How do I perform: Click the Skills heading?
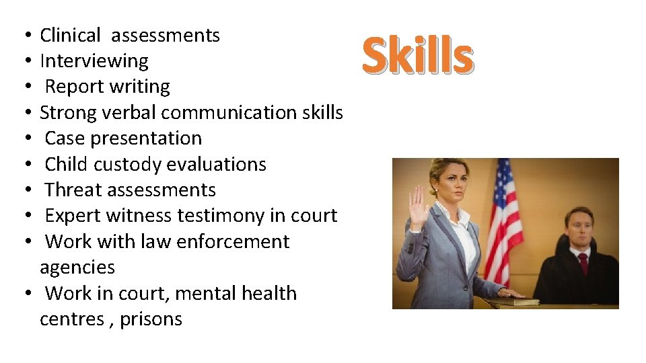(418, 56)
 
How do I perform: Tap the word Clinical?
(70, 35)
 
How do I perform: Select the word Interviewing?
(94, 61)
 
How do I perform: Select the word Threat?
(73, 190)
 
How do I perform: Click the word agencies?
(77, 268)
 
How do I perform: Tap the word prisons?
(151, 319)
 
